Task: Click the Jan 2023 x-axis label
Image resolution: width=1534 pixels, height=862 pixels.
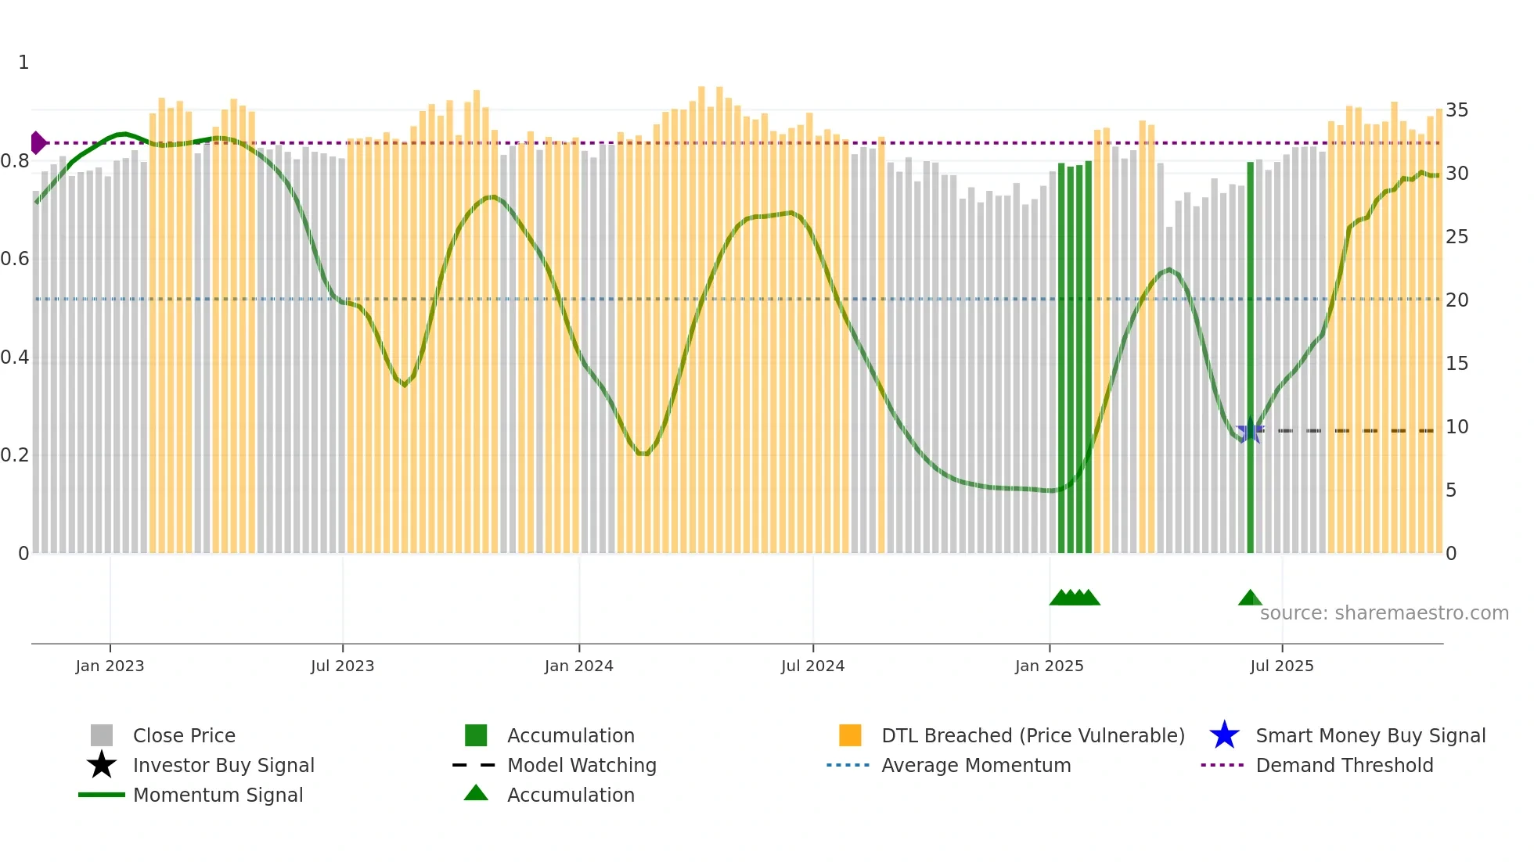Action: click(110, 666)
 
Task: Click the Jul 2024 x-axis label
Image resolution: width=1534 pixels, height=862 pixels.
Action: click(812, 666)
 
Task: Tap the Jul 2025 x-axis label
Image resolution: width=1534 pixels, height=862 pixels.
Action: click(1281, 666)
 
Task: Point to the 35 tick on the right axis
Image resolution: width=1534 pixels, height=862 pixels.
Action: click(1457, 110)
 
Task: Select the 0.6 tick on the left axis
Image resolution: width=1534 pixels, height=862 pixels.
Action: click(15, 259)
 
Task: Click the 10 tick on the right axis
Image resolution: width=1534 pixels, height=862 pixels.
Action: click(1457, 427)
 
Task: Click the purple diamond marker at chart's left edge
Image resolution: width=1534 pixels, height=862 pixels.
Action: click(38, 143)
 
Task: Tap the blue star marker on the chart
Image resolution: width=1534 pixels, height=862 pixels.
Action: click(1249, 431)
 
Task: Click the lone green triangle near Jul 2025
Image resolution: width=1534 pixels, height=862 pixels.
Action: click(1250, 598)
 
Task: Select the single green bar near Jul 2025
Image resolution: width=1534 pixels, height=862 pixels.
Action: click(1250, 360)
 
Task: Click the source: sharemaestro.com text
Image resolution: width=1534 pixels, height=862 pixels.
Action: click(1384, 613)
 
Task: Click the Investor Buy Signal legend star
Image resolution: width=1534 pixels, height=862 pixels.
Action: click(102, 765)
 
